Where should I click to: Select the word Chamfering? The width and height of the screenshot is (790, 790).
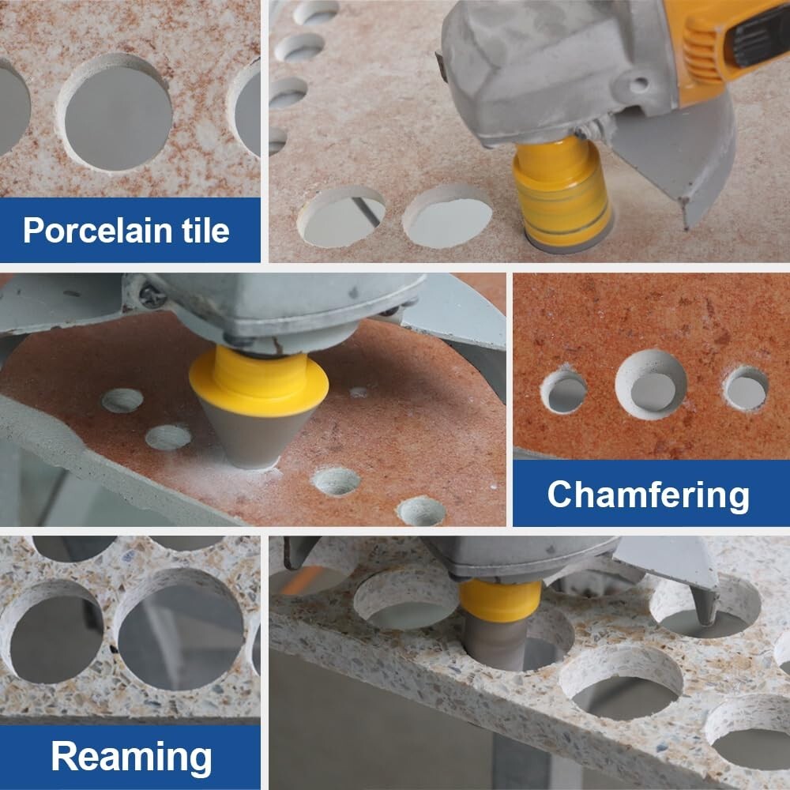pos(649,495)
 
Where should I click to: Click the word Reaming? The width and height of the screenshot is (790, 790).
pos(131,756)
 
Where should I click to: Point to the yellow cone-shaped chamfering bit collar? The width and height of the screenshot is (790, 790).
pos(259,381)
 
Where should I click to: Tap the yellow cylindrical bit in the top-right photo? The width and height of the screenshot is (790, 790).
pos(561,190)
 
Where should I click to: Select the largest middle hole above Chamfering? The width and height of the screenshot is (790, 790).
pos(651,384)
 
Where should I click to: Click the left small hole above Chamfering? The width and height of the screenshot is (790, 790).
pos(564,390)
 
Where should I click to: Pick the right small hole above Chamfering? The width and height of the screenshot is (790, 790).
pos(746,388)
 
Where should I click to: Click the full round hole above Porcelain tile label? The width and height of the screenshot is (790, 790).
pos(115,113)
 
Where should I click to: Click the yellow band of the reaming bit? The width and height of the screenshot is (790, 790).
pos(501,594)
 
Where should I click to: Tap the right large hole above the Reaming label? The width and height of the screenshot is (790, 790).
pos(179,630)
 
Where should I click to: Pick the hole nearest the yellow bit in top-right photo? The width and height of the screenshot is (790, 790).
pos(447,216)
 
